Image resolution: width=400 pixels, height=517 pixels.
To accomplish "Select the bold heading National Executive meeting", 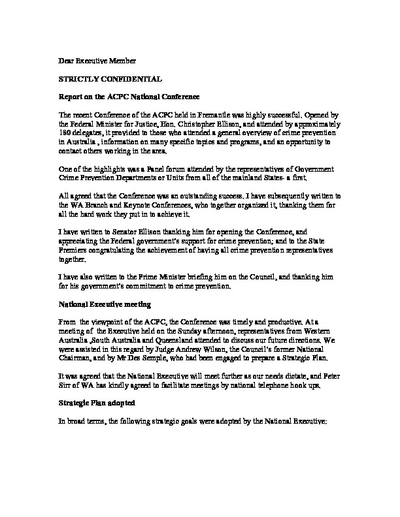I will click(105, 304).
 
